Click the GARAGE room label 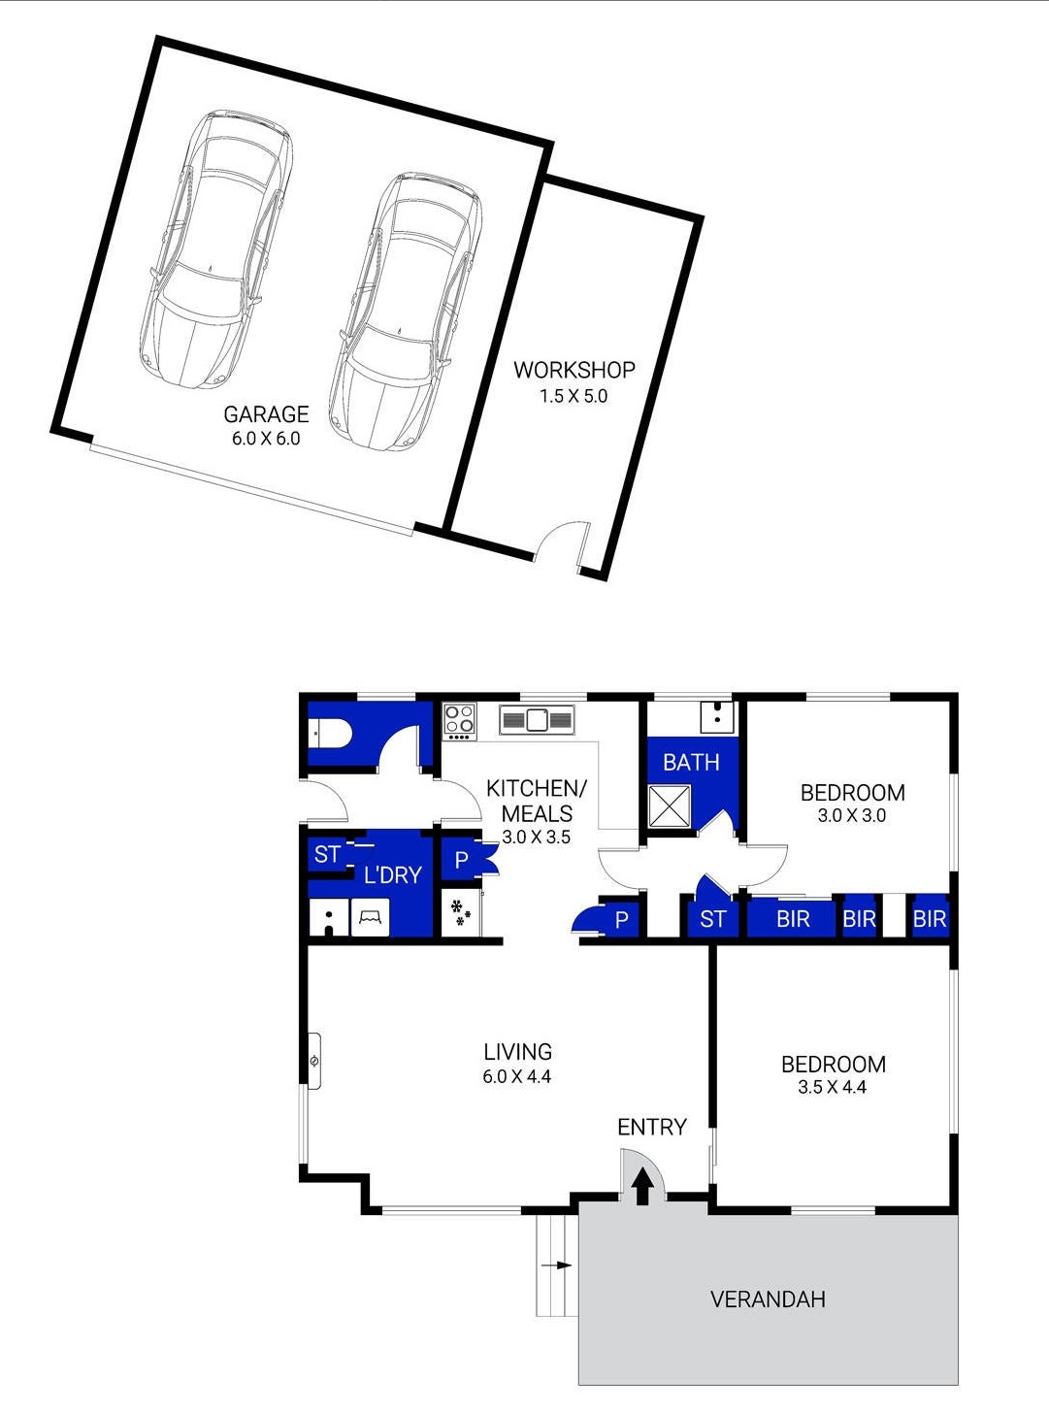[267, 414]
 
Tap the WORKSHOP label [574, 370]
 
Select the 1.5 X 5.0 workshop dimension [574, 396]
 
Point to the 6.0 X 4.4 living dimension [517, 1076]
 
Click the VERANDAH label [768, 1299]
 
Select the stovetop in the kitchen [460, 722]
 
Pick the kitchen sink [538, 720]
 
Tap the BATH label [691, 762]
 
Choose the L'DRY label [393, 875]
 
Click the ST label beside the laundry [328, 854]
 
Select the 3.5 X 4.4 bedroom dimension [833, 1087]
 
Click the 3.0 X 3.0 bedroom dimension [852, 815]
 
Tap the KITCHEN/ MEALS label [536, 801]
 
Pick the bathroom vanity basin [717, 717]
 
